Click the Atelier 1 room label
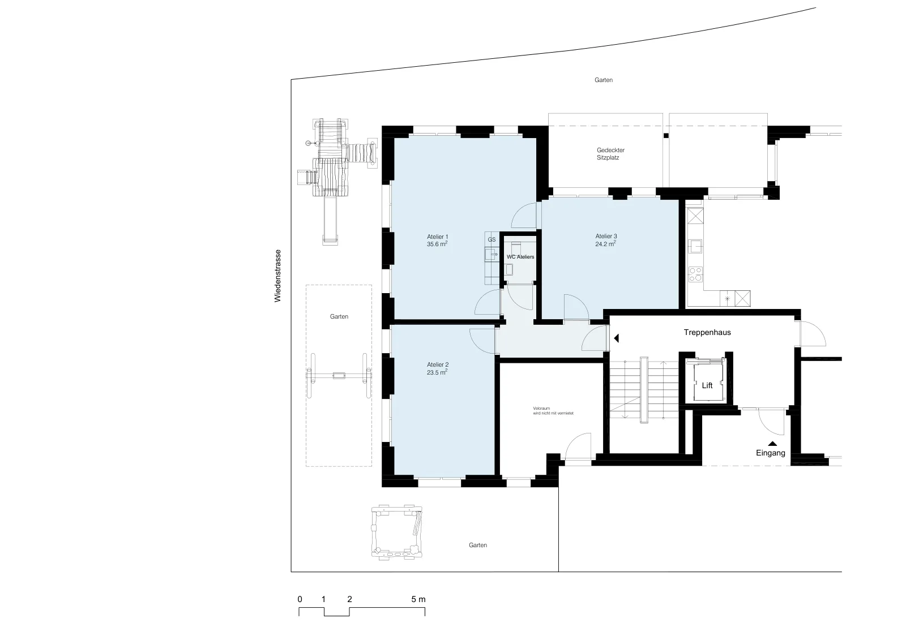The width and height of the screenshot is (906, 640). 437,237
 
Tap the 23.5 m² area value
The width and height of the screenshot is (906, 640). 437,372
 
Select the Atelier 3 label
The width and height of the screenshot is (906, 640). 606,236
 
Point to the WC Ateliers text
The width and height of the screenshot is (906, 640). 520,257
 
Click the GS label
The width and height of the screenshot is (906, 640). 492,239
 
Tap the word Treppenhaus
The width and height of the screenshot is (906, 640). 707,332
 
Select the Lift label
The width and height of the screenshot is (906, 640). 707,385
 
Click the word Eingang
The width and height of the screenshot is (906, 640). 771,453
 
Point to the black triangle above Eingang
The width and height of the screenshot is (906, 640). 772,444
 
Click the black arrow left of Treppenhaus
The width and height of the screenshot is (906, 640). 617,338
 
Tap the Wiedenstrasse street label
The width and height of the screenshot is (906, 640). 277,276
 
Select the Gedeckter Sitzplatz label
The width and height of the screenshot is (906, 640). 610,153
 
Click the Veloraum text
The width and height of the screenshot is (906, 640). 541,409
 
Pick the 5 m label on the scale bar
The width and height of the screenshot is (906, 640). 418,599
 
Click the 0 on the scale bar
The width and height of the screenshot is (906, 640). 300,599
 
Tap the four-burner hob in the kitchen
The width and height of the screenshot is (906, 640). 695,274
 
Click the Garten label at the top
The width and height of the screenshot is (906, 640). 604,80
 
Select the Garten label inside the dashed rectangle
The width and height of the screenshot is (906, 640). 339,316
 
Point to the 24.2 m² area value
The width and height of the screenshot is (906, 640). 605,244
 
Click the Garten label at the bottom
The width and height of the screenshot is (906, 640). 478,545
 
